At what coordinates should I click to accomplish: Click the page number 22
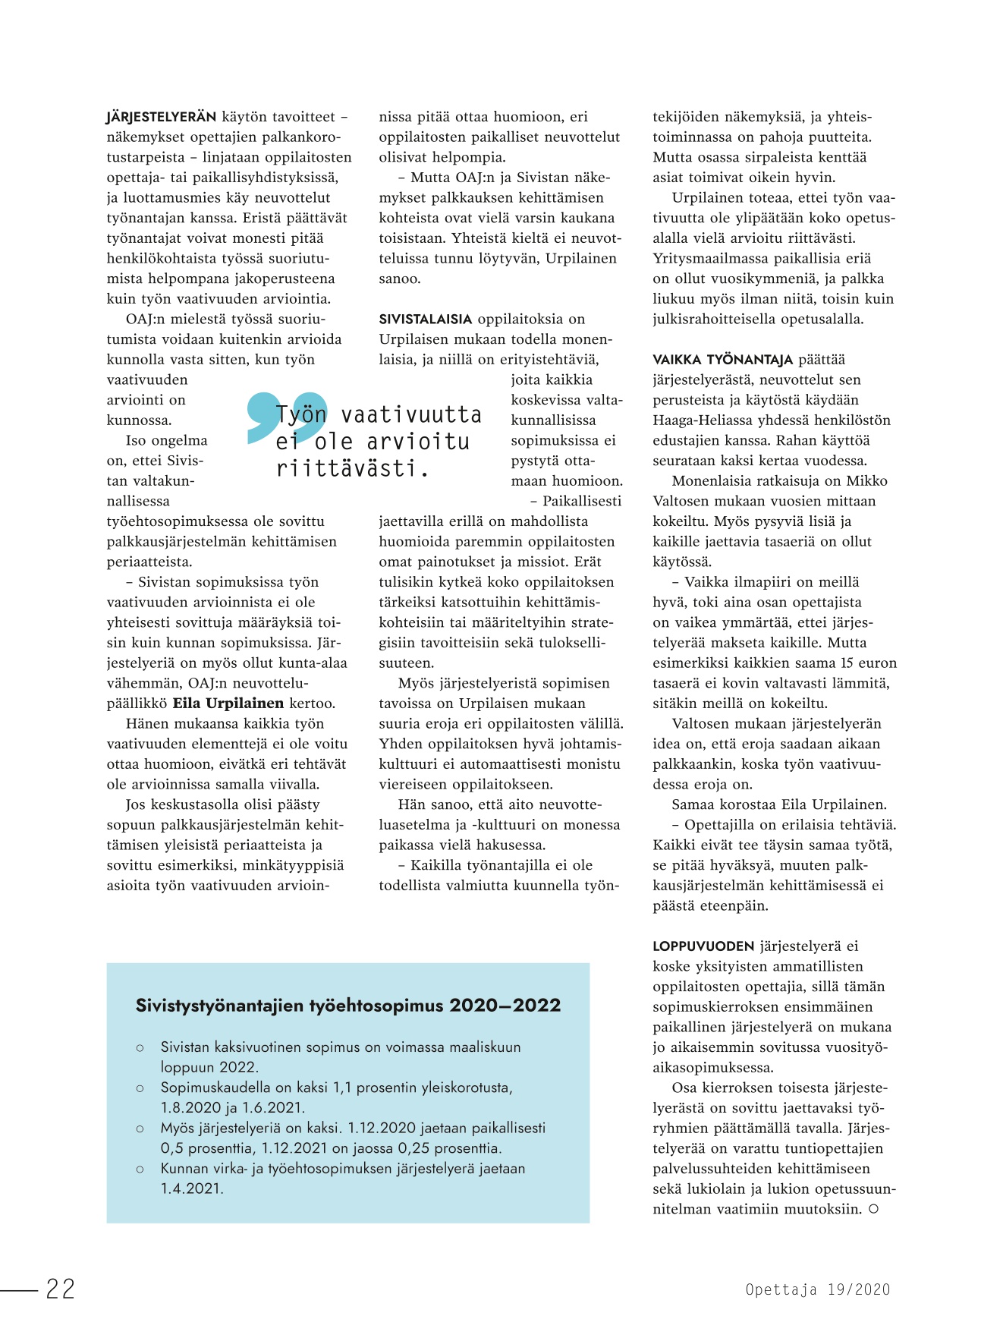point(60,1289)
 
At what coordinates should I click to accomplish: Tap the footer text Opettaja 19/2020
point(817,1289)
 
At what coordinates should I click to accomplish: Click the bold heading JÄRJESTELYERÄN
point(161,117)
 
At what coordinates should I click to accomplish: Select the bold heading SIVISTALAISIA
point(425,320)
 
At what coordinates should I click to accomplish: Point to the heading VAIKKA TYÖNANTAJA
point(722,360)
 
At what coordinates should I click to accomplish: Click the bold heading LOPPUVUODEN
point(703,946)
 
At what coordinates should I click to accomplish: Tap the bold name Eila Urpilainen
point(228,704)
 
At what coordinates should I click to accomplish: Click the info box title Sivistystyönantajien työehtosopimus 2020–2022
point(348,1006)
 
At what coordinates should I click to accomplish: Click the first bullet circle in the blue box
point(140,1048)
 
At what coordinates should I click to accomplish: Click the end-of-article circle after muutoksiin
point(873,1209)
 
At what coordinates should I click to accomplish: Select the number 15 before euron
point(846,663)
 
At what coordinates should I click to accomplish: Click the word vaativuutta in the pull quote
point(410,415)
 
